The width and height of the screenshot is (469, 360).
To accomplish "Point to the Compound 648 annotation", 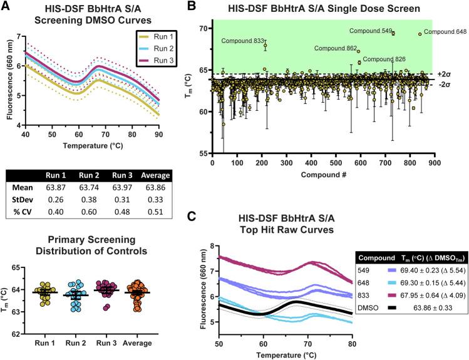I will pyautogui.click(x=445, y=31).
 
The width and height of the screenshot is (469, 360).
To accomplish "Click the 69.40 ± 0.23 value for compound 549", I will pyautogui.click(x=416, y=266).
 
